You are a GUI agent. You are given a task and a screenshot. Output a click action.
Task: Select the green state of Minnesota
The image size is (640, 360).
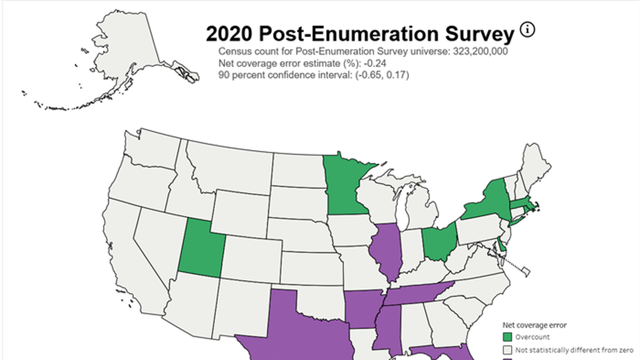point(344,185)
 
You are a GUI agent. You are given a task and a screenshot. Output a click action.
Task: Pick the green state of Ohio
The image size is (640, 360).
point(438,243)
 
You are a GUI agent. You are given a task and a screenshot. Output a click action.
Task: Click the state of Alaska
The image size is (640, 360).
point(129,56)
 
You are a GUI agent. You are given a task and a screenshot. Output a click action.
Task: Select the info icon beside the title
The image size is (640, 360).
point(527,30)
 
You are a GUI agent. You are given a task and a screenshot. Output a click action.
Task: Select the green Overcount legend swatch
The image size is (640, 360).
point(508,337)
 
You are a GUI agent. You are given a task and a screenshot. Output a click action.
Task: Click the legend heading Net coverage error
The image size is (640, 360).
point(534,325)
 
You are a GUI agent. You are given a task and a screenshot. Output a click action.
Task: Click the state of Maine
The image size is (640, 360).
point(536,163)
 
